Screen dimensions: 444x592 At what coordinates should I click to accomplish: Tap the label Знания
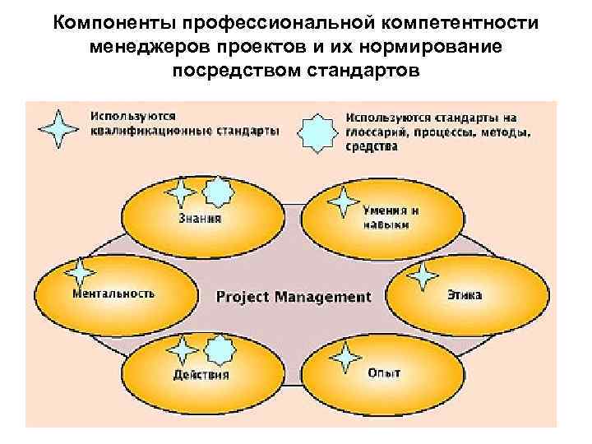click(200, 219)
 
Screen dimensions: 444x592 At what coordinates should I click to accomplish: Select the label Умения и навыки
click(386, 217)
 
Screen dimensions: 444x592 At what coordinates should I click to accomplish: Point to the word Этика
click(465, 294)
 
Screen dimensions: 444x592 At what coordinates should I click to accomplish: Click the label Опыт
click(384, 373)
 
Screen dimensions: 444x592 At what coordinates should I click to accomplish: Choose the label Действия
click(201, 375)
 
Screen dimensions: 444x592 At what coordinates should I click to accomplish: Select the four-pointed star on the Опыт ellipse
click(345, 355)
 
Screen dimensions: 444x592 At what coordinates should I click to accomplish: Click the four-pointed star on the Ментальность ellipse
click(80, 273)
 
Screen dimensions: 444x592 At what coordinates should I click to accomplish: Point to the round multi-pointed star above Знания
click(218, 192)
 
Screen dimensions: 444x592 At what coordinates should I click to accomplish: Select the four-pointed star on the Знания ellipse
click(182, 194)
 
